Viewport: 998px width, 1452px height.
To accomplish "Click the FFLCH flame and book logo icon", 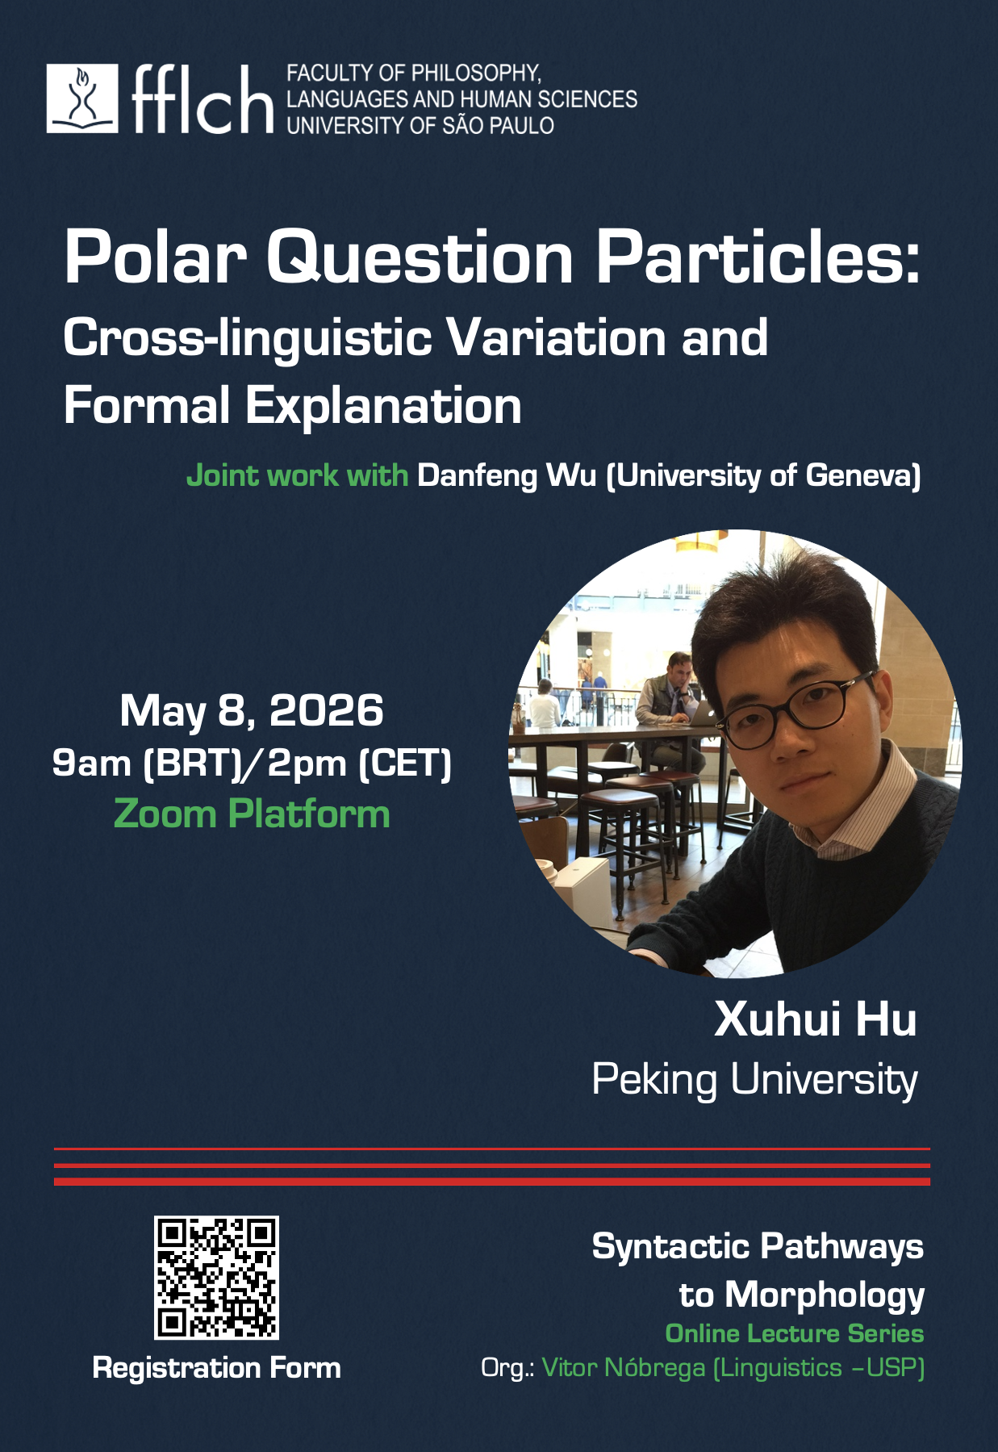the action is pos(82,98).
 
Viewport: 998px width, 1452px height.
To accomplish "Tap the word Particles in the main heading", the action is pos(758,257).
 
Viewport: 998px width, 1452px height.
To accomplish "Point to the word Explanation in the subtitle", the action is pos(383,406).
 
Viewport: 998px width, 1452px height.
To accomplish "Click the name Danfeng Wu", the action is pos(506,475).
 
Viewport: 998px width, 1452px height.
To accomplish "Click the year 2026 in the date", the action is pos(326,710).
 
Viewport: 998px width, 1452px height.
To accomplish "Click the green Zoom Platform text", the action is pos(252,814).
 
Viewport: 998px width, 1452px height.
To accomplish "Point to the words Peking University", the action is pos(755,1079).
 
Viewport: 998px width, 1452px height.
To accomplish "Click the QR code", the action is pos(216,1278).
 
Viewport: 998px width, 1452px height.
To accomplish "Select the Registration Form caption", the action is pos(217,1368).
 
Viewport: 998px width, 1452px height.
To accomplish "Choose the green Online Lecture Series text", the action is pos(795,1333).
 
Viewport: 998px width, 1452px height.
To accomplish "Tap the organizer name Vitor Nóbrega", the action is pos(624,1368).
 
